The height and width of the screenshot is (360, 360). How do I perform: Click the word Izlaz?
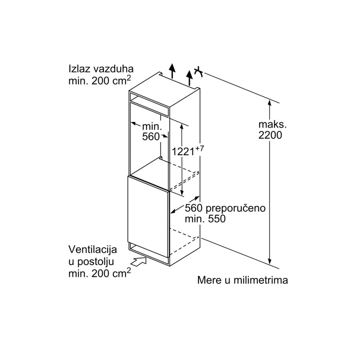coord(79,69)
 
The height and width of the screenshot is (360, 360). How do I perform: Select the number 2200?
coord(270,135)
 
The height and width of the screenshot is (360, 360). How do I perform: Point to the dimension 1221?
coord(184,152)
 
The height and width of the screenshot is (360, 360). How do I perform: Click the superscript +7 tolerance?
coord(199,148)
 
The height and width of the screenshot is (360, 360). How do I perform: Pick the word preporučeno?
coord(235,208)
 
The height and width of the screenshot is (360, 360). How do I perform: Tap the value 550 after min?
coord(217,219)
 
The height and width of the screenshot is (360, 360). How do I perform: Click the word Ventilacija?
coord(93,250)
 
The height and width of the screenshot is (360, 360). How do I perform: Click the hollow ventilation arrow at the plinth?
coord(139,261)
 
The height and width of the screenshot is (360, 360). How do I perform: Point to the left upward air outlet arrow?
coord(172,71)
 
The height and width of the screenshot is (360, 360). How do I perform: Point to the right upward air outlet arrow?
coord(189,78)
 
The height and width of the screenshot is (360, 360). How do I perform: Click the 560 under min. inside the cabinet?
coord(151,137)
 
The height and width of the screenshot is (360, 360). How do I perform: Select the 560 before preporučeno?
coord(194,208)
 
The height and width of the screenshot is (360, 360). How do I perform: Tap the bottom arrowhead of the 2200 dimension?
coord(270,261)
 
